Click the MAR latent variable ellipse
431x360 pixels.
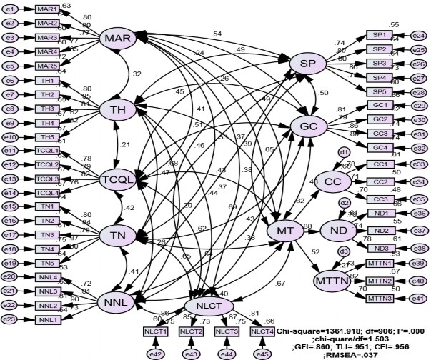tap(119, 38)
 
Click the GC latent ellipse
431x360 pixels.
tap(309, 126)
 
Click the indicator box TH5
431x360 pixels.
tap(46, 137)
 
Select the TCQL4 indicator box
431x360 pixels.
tap(47, 193)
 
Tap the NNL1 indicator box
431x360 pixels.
tap(48, 319)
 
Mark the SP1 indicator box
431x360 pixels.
tap(379, 34)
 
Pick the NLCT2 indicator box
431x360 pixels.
tap(191, 331)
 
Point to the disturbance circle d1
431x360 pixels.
tap(343, 152)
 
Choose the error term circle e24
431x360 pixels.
tap(420, 34)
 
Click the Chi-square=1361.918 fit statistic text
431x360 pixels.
tap(314, 331)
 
